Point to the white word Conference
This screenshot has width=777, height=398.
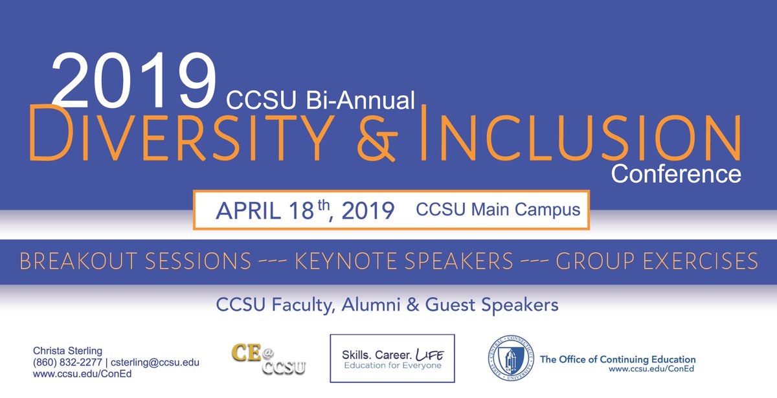tap(676, 173)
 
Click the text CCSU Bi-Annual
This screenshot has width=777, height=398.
tap(320, 100)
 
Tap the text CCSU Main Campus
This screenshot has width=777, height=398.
tap(498, 210)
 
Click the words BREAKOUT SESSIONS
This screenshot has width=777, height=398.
tap(135, 261)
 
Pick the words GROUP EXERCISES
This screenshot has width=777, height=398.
tap(657, 261)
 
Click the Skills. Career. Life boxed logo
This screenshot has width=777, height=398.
tap(392, 358)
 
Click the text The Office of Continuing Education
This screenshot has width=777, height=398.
tap(618, 359)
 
